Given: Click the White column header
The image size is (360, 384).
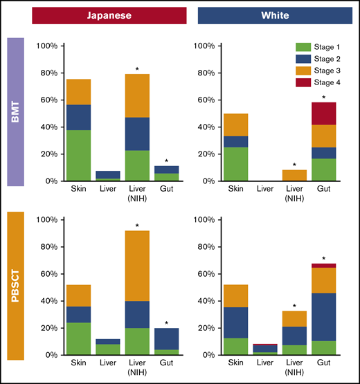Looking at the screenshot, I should pos(275,15).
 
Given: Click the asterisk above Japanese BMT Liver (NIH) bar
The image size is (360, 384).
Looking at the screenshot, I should pos(136,68).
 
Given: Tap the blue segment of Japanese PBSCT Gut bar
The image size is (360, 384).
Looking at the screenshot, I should pos(167,338).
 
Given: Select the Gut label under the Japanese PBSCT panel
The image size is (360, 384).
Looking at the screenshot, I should pos(167,362).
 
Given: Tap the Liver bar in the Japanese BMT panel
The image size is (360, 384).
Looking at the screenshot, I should pos(107,175).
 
